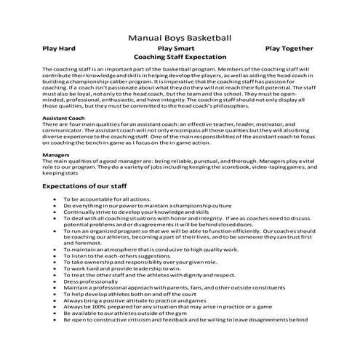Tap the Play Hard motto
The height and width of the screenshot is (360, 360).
point(60,48)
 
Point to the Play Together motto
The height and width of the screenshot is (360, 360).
point(289,48)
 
